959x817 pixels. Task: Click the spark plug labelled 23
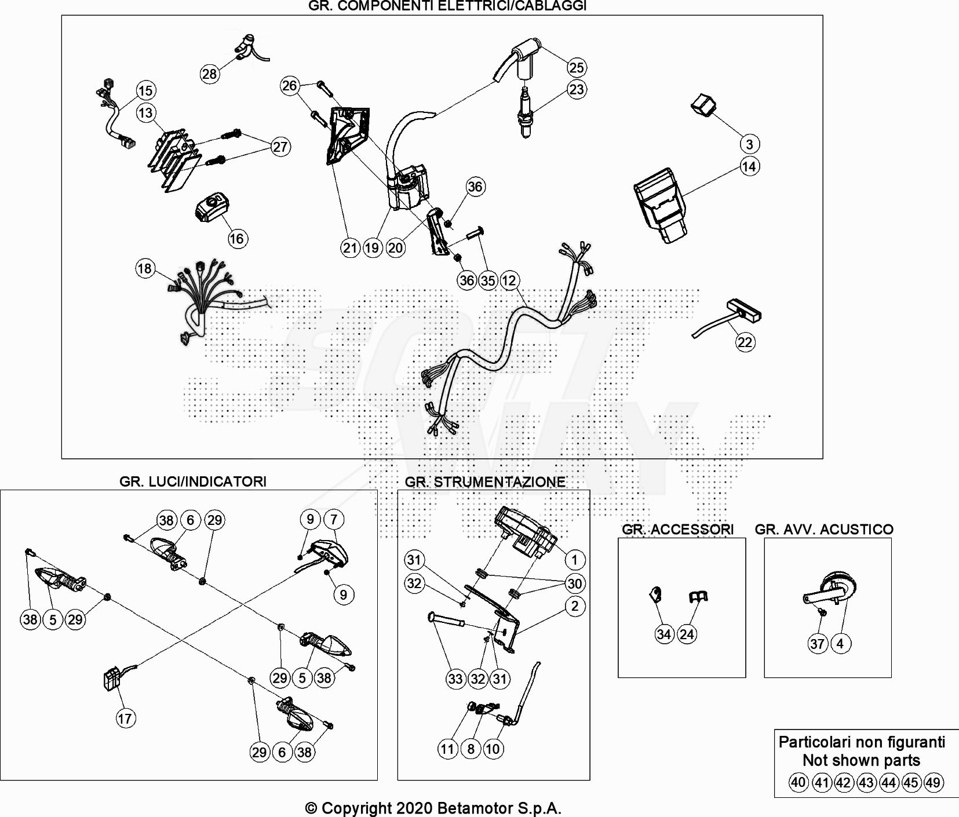pyautogui.click(x=525, y=113)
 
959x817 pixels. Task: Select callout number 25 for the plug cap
pyautogui.click(x=576, y=67)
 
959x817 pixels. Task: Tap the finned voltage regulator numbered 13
pyautogui.click(x=173, y=156)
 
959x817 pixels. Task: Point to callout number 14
pyautogui.click(x=749, y=167)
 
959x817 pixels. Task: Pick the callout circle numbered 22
pyautogui.click(x=745, y=342)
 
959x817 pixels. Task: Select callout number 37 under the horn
pyautogui.click(x=817, y=643)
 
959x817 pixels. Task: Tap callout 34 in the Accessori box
pyautogui.click(x=664, y=634)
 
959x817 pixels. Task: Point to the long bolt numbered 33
pyautogui.click(x=447, y=620)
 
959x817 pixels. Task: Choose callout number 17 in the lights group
pyautogui.click(x=125, y=718)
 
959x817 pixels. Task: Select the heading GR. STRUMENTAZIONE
pyautogui.click(x=485, y=482)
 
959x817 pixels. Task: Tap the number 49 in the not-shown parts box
pyautogui.click(x=932, y=782)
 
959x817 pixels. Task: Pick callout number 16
pyautogui.click(x=236, y=238)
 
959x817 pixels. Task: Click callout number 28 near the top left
pyautogui.click(x=209, y=74)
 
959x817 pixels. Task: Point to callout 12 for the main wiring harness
pyautogui.click(x=509, y=280)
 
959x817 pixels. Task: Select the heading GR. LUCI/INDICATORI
pyautogui.click(x=193, y=482)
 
